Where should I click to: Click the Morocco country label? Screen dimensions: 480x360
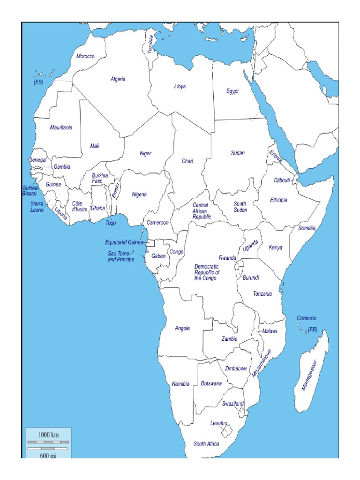(85, 56)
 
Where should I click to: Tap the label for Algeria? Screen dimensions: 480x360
(118, 79)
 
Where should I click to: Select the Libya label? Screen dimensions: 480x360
(180, 87)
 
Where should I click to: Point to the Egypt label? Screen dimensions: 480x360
(232, 91)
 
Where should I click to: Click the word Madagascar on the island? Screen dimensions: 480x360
(310, 375)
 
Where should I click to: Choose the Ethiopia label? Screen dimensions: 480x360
(278, 200)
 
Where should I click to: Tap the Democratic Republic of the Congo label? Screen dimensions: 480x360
(206, 272)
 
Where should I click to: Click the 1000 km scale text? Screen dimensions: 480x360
(48, 435)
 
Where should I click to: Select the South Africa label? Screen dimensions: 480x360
(206, 444)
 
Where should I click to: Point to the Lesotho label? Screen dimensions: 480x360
(218, 423)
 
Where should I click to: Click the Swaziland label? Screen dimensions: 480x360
(233, 404)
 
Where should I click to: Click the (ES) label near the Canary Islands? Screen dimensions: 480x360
(38, 82)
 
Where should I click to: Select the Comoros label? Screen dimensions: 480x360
(306, 318)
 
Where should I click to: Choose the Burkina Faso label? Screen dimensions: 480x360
(100, 178)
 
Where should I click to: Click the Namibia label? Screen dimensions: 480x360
(180, 384)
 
